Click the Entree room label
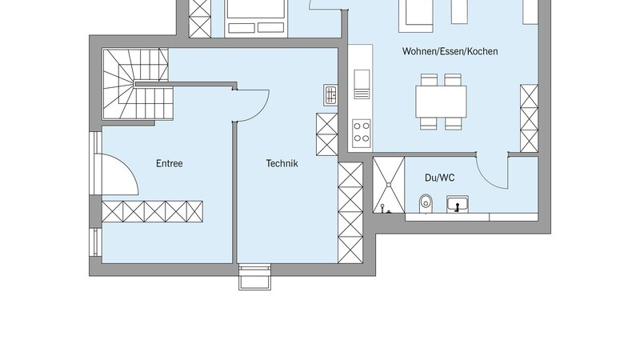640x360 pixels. tap(169, 163)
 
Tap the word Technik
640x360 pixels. tap(282, 163)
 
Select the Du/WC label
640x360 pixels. tap(439, 178)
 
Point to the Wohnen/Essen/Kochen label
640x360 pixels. tap(450, 51)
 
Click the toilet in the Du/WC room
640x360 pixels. tap(426, 203)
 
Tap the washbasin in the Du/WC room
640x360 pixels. tap(457, 204)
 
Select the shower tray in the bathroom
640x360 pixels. tap(389, 185)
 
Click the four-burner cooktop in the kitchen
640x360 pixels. tap(362, 133)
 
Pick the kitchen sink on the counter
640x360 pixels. tap(362, 84)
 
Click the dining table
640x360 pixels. tap(442, 102)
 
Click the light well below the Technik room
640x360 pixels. tap(254, 277)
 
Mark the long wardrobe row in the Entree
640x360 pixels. tap(152, 211)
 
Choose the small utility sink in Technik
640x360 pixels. tap(330, 95)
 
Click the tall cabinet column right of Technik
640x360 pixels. tap(350, 213)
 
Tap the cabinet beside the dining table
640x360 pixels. tap(529, 118)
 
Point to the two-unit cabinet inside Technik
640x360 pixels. tap(327, 134)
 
